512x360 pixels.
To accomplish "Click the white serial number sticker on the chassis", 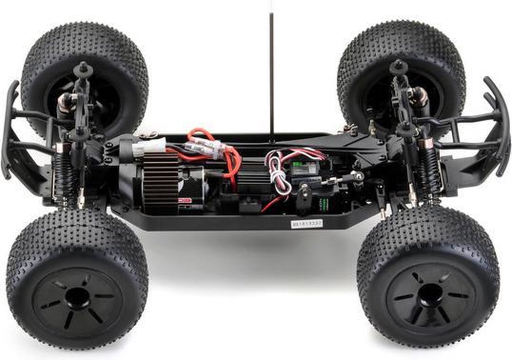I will [x=306, y=223].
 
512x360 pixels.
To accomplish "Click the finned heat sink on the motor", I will [x=160, y=183].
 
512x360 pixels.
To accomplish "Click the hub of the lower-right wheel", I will [x=430, y=295].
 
